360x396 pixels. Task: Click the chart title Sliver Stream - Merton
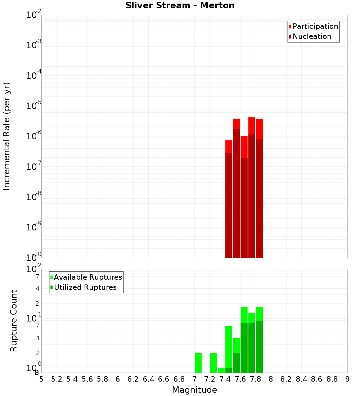point(180,6)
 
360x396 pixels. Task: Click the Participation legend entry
point(315,27)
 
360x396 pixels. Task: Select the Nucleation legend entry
point(311,37)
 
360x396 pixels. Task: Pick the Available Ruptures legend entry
point(87,278)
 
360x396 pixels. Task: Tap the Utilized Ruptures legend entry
point(85,288)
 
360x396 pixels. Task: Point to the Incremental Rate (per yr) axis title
point(7,136)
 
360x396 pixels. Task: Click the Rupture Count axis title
point(14,321)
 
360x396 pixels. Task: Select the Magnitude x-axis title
point(194,390)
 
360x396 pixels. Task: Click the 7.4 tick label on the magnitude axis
point(225,379)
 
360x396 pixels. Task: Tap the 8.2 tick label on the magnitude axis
point(286,379)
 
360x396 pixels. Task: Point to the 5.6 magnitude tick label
point(87,379)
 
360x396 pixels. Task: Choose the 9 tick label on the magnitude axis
point(347,379)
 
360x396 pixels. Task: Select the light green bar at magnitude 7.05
point(198,363)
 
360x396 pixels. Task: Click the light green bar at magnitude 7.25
point(213,363)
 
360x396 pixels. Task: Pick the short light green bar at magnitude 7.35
point(221,370)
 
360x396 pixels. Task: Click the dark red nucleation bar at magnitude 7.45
point(229,205)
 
